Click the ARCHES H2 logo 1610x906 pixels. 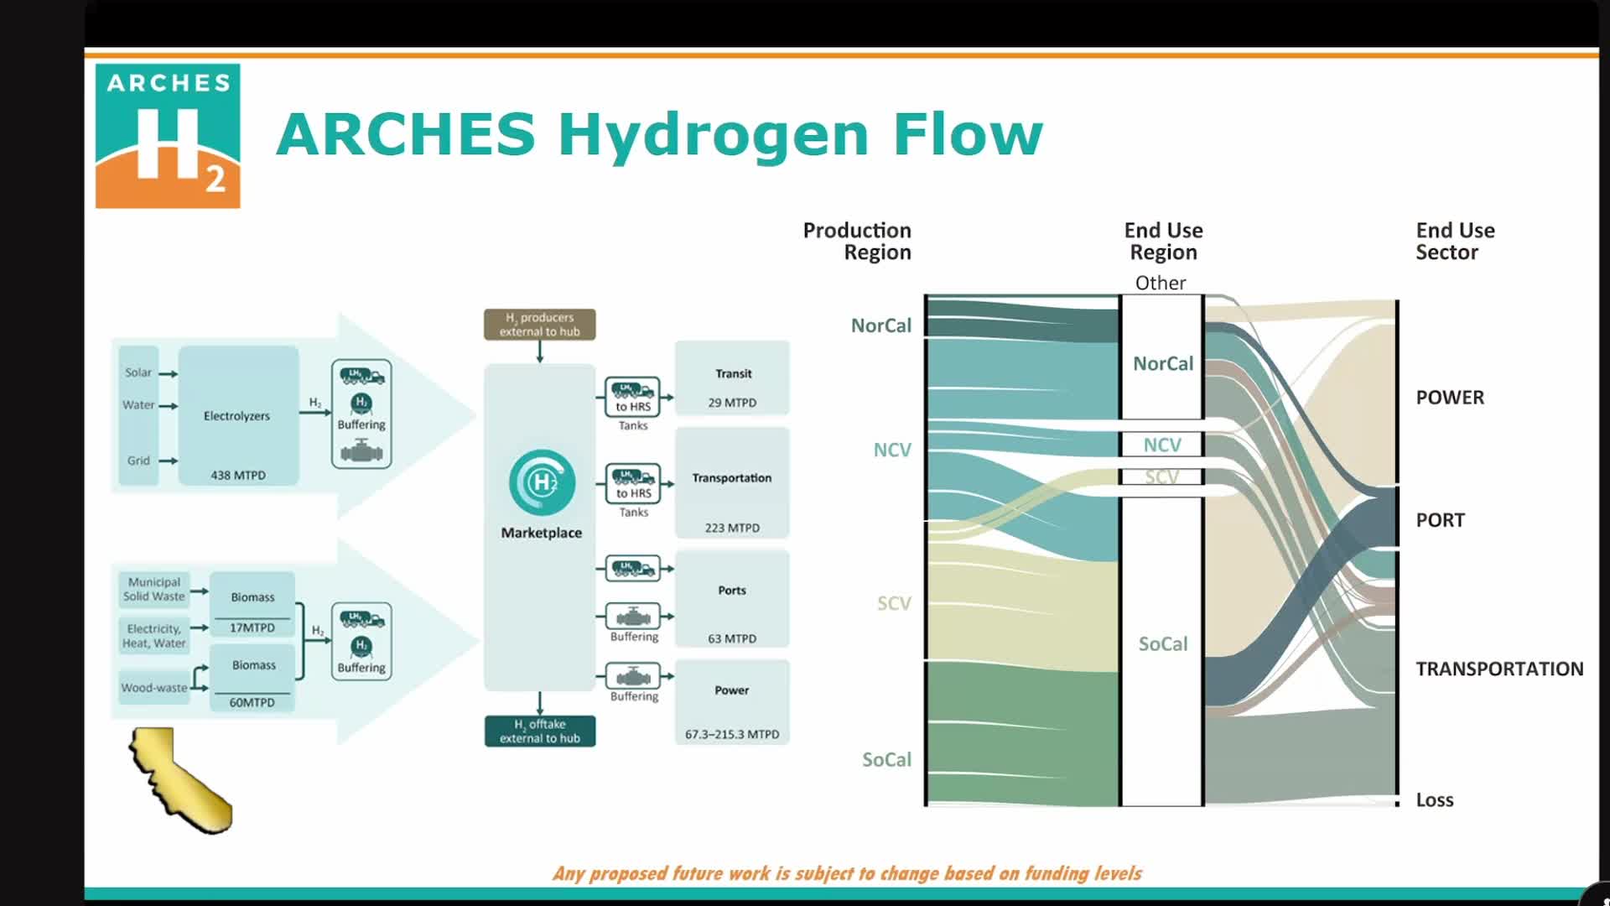point(168,136)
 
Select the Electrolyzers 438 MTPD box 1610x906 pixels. point(238,416)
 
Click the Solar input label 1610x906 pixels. point(138,372)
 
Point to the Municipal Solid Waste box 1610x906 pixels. point(153,589)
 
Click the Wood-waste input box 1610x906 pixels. point(154,688)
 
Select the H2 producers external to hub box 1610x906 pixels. point(539,325)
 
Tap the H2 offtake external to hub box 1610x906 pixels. point(539,731)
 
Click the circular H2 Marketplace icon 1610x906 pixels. point(542,482)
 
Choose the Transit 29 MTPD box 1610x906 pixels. point(732,377)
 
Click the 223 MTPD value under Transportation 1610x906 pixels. point(732,528)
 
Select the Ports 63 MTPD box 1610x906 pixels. point(732,599)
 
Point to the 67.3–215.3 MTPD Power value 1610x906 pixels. point(732,734)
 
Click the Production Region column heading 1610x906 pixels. point(857,241)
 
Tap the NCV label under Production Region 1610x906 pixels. point(892,450)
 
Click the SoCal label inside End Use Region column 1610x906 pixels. point(1162,644)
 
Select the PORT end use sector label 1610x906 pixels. point(1440,520)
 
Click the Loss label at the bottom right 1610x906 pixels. point(1435,800)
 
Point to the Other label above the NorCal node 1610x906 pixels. point(1161,283)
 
